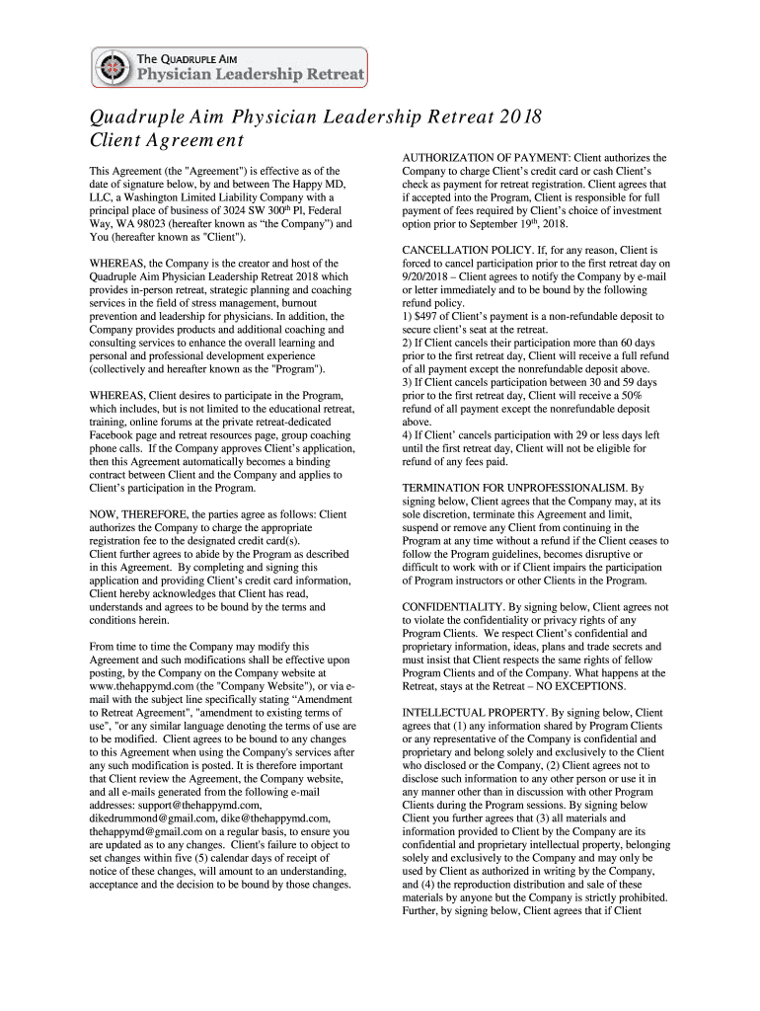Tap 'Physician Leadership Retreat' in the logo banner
250,74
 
